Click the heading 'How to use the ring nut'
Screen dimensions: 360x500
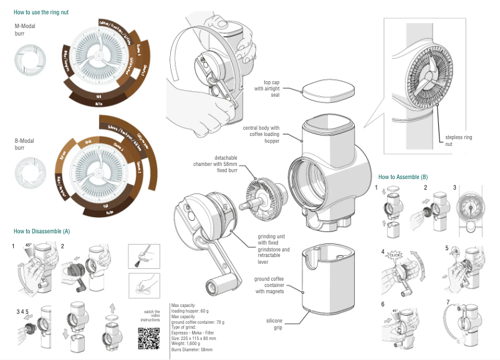(41, 12)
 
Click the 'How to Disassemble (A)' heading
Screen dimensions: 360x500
(42, 231)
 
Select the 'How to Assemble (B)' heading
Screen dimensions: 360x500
(403, 177)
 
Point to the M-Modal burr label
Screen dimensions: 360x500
(26, 29)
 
